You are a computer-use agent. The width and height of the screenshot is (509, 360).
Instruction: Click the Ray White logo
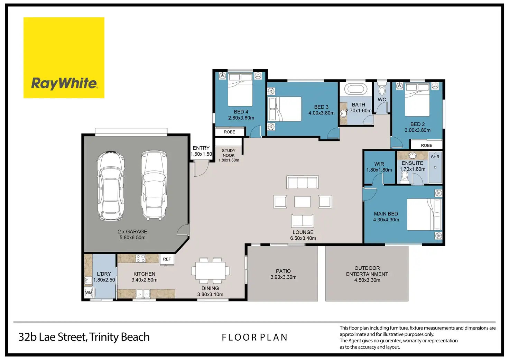pos(64,58)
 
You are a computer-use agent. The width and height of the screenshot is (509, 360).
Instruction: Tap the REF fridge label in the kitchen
pos(167,259)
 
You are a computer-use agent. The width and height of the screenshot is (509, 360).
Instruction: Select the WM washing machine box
pos(89,293)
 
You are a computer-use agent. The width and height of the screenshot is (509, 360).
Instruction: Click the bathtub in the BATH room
pos(355,89)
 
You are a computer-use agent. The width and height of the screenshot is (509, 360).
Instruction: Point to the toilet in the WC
pos(382,89)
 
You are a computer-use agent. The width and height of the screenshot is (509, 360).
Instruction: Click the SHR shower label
pos(435,157)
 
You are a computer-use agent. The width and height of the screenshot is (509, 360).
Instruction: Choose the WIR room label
pos(379,164)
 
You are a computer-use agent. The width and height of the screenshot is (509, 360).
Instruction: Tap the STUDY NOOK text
pos(229,153)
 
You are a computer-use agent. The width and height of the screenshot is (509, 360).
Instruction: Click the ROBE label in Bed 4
pos(230,132)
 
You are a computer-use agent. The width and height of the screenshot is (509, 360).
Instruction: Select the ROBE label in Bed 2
pos(426,146)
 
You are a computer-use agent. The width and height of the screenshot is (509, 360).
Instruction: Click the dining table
pos(211,271)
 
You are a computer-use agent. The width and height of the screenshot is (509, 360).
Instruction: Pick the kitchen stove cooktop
pos(141,258)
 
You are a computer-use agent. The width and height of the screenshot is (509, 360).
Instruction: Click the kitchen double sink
pos(143,294)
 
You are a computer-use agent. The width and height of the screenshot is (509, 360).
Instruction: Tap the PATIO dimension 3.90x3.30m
pos(283,277)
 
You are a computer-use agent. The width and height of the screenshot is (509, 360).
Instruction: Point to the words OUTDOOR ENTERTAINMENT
pos(367,271)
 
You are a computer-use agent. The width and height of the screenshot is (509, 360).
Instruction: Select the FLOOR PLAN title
pos(255,338)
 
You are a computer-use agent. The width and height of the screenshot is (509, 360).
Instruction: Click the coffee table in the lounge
pos(303,202)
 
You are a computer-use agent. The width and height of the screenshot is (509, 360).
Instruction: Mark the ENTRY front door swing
pos(201,168)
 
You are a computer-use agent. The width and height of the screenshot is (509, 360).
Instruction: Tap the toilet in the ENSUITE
pos(405,177)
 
